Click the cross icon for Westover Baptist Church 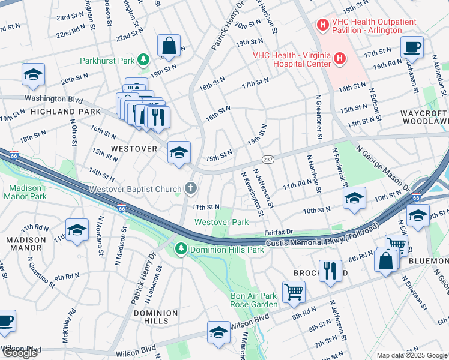point(190,188)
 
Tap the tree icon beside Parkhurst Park point(143,59)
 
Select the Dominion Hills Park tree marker point(180,248)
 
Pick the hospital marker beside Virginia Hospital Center point(340,59)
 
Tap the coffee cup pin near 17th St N point(412,47)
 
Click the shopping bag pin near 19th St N point(169,45)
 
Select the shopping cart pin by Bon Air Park point(294,291)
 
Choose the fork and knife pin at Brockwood point(330,270)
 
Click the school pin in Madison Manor point(77,230)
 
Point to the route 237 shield point(268,159)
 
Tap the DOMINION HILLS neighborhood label point(155,317)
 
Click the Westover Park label point(221,222)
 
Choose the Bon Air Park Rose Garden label point(255,300)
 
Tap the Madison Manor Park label point(25,191)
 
